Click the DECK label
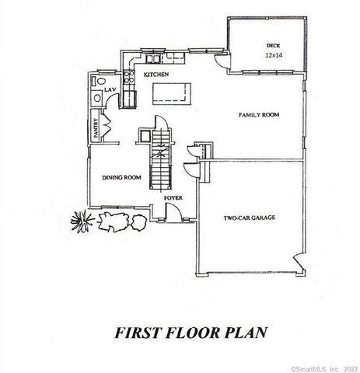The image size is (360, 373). click(x=271, y=47)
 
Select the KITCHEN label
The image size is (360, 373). click(x=156, y=74)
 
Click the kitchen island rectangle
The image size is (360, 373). click(x=173, y=92)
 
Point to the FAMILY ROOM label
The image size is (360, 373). click(x=258, y=115)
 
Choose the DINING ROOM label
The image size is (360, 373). click(x=121, y=177)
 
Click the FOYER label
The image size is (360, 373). click(x=173, y=198)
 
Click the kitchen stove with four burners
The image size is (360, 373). click(x=128, y=97)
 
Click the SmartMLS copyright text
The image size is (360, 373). click(x=323, y=367)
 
